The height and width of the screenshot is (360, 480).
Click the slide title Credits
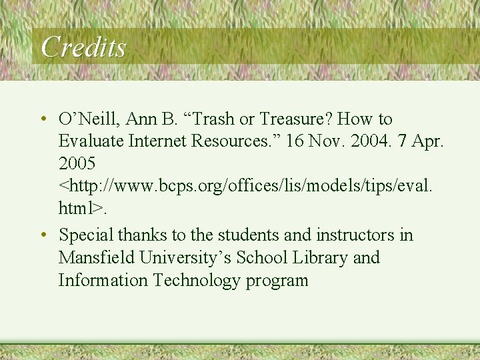tap(83, 47)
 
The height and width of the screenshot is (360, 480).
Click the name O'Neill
tap(84, 119)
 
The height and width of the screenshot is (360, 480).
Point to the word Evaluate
tap(89, 142)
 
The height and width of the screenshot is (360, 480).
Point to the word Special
tap(86, 235)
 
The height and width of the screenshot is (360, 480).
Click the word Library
tap(319, 257)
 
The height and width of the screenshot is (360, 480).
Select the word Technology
tap(196, 280)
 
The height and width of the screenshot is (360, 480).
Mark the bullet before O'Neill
tap(42, 119)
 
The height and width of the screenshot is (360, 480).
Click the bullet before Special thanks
tap(42, 235)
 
